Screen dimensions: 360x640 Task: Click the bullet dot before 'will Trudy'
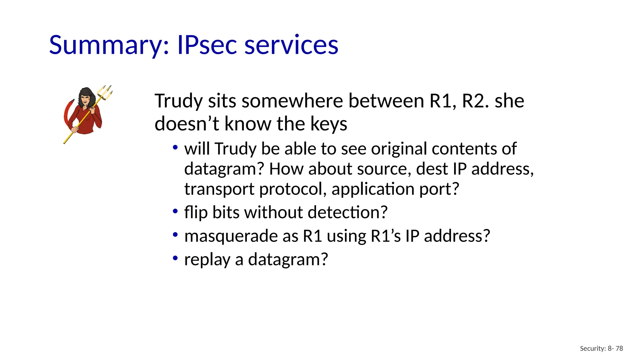point(175,147)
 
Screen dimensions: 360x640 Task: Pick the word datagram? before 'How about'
point(224,169)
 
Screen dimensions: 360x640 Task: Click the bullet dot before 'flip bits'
point(175,211)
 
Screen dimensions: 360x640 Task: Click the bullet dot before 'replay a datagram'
point(175,258)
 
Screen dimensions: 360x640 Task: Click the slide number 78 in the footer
point(619,348)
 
